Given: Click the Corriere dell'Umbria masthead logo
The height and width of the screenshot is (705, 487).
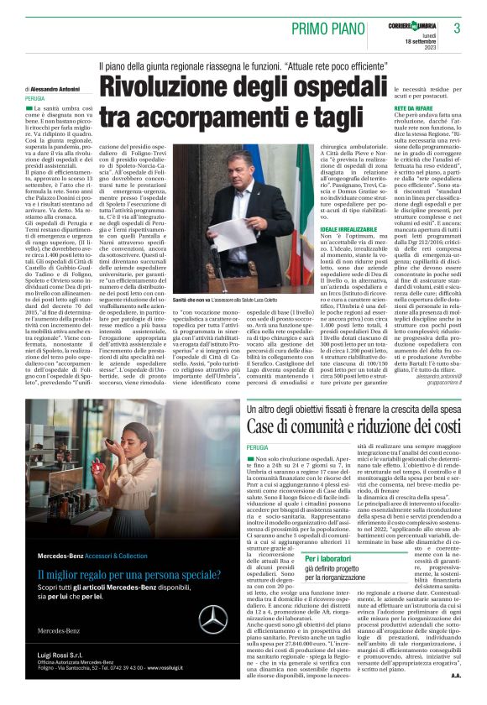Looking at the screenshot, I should click(411, 19).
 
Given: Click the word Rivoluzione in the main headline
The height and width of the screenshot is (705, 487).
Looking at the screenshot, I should click(167, 90).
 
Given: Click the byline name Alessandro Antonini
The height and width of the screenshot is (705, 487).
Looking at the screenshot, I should click(57, 88).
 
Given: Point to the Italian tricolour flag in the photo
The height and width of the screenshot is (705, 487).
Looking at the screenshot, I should click(287, 201).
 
